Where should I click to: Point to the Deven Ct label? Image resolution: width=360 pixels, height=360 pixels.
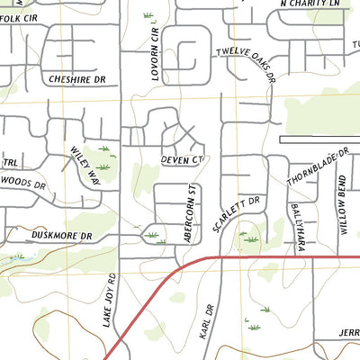pyautogui.click(x=184, y=159)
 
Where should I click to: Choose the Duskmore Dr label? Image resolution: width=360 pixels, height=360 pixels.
pyautogui.click(x=62, y=236)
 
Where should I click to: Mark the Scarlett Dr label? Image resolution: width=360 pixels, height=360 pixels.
pyautogui.click(x=242, y=215)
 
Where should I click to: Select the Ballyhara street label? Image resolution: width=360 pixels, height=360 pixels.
pyautogui.click(x=296, y=223)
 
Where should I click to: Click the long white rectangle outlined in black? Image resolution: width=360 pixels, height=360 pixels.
pyautogui.click(x=319, y=140)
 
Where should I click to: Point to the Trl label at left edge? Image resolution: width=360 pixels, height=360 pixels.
pyautogui.click(x=10, y=163)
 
